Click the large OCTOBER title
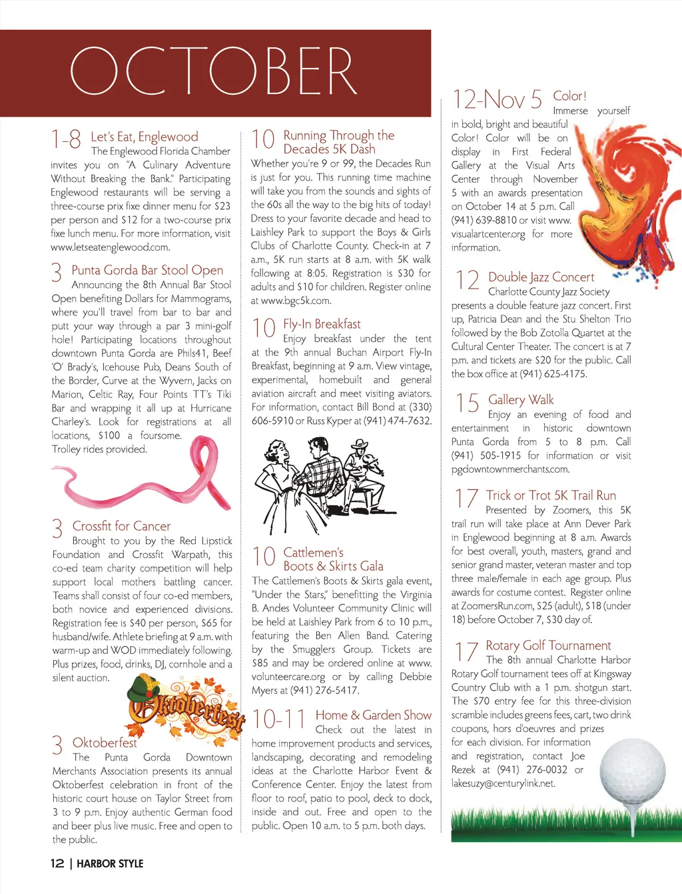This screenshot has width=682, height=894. pyautogui.click(x=213, y=71)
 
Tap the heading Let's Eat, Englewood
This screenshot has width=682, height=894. pyautogui.click(x=145, y=137)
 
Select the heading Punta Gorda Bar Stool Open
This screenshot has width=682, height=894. pyautogui.click(x=147, y=270)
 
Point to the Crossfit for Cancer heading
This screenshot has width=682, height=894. pyautogui.click(x=121, y=526)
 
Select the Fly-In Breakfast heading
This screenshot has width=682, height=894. pyautogui.click(x=322, y=324)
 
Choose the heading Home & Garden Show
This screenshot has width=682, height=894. pyautogui.click(x=374, y=715)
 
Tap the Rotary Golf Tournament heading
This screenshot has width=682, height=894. pyautogui.click(x=548, y=645)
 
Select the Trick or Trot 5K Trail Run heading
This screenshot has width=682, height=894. pyautogui.click(x=551, y=495)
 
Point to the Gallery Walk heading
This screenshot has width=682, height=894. pyautogui.click(x=521, y=399)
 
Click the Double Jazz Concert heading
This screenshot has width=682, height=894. pyautogui.click(x=541, y=277)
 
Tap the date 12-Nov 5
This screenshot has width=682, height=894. pyautogui.click(x=497, y=100)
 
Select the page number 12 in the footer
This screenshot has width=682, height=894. pyautogui.click(x=57, y=863)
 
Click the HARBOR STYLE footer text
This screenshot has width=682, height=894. pyautogui.click(x=110, y=863)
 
